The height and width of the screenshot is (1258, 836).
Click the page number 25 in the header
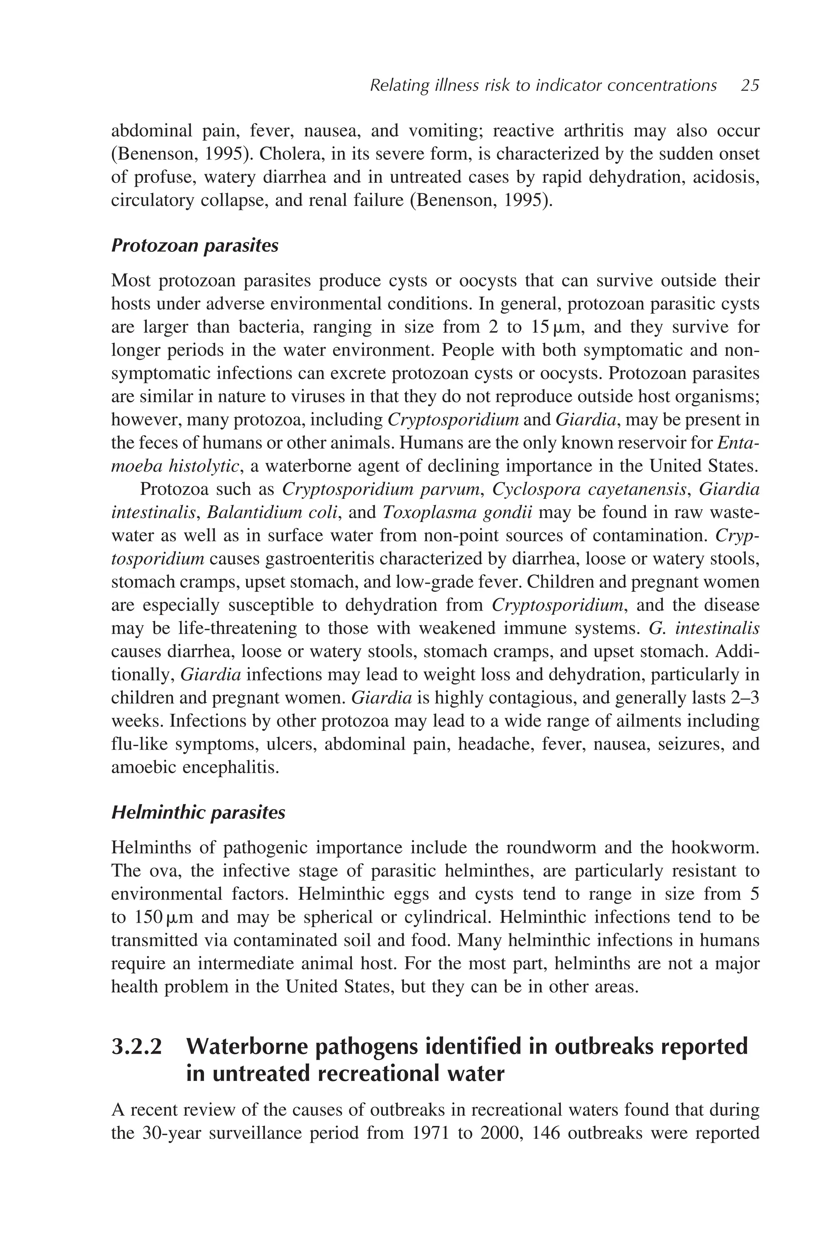pos(749,85)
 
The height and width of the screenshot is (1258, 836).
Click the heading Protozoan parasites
pos(195,246)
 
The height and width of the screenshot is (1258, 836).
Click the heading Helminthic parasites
pos(198,812)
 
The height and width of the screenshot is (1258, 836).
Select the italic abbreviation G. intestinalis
pos(704,628)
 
